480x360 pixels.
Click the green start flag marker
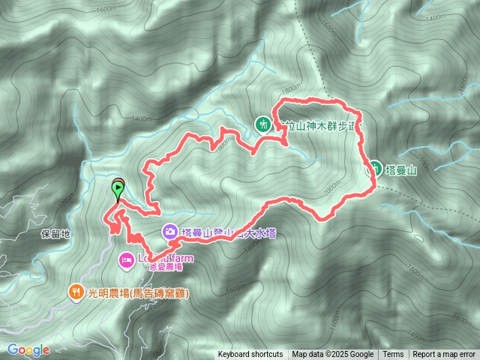(x=118, y=187)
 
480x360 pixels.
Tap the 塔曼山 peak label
(x=401, y=169)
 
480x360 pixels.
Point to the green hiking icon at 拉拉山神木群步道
(x=262, y=124)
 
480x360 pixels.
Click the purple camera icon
(x=169, y=232)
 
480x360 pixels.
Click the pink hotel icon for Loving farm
(x=126, y=259)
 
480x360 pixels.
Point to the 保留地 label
(x=55, y=234)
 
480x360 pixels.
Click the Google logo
(x=28, y=349)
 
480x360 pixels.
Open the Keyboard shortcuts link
(x=250, y=355)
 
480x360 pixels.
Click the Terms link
(x=393, y=355)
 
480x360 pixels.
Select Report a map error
(x=445, y=355)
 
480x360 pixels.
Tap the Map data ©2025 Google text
(x=333, y=355)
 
